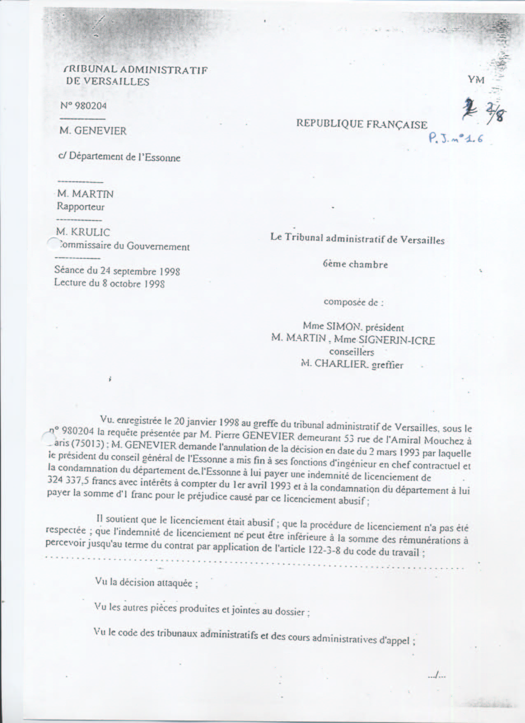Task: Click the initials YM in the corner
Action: (x=476, y=80)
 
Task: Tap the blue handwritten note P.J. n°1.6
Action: (x=455, y=138)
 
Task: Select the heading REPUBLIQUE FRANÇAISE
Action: (x=362, y=124)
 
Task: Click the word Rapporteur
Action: (x=81, y=207)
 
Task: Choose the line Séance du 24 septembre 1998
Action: (x=117, y=271)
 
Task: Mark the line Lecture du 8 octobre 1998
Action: (x=109, y=284)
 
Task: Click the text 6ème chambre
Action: (x=355, y=264)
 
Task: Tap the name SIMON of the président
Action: (x=343, y=327)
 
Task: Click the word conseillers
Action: (x=352, y=352)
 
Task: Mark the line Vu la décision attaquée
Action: (x=146, y=582)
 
